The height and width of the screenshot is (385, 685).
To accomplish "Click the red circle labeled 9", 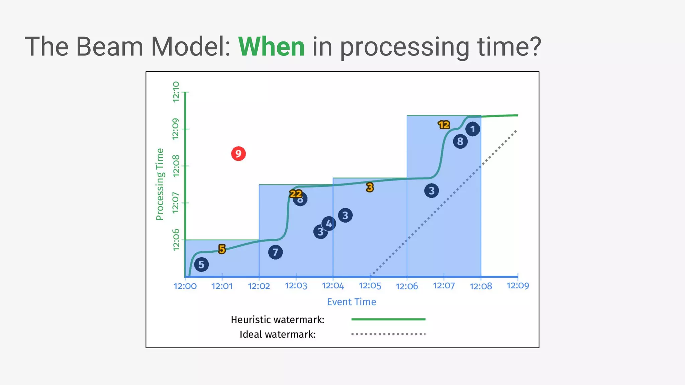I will [x=238, y=154].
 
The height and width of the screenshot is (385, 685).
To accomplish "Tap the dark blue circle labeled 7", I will [x=275, y=252].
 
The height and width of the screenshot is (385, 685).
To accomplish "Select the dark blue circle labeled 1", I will [x=473, y=129].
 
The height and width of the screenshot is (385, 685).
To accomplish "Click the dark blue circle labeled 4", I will [x=329, y=224].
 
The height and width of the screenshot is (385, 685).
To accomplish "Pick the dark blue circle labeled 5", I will [x=201, y=265].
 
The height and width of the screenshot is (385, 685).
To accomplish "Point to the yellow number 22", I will [x=296, y=194].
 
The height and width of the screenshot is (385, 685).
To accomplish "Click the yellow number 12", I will [x=444, y=125].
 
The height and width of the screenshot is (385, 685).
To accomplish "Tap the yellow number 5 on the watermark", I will [x=222, y=249].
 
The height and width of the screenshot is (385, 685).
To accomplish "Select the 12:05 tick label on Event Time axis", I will [x=370, y=286].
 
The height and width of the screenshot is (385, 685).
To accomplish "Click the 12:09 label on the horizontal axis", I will [x=517, y=286].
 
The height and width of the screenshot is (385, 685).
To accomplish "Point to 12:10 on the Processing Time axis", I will [x=176, y=92].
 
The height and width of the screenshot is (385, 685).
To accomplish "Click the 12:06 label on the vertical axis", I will [x=176, y=240].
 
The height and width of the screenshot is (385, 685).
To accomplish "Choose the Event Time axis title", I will [x=351, y=302].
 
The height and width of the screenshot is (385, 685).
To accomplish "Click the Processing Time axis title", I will [x=160, y=184].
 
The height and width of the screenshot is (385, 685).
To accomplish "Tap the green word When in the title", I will [x=271, y=47].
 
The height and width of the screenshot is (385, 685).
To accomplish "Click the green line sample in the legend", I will [x=388, y=319].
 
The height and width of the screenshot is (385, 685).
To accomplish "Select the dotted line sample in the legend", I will [x=388, y=334].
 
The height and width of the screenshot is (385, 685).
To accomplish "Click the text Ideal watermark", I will [x=277, y=334].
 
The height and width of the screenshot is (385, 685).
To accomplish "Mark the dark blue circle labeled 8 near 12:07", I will [x=460, y=142].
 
